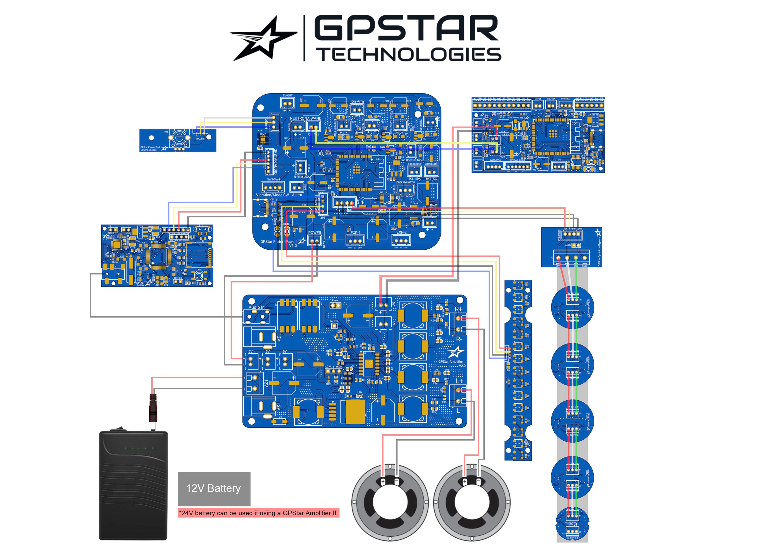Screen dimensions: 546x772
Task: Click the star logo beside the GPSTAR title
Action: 264,38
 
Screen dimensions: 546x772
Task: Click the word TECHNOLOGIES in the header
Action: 410,55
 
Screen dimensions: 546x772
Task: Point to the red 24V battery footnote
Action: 258,513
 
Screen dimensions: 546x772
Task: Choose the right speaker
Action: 472,502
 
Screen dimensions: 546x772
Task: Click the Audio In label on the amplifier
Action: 256,307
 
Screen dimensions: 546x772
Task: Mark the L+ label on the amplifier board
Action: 459,381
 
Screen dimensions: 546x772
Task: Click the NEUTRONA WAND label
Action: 305,118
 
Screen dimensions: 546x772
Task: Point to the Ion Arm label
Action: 357,101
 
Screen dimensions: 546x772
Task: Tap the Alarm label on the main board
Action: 297,195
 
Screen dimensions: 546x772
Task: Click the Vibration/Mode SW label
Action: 272,195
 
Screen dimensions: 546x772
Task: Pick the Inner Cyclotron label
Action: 405,182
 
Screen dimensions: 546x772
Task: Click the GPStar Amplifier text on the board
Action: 451,362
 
